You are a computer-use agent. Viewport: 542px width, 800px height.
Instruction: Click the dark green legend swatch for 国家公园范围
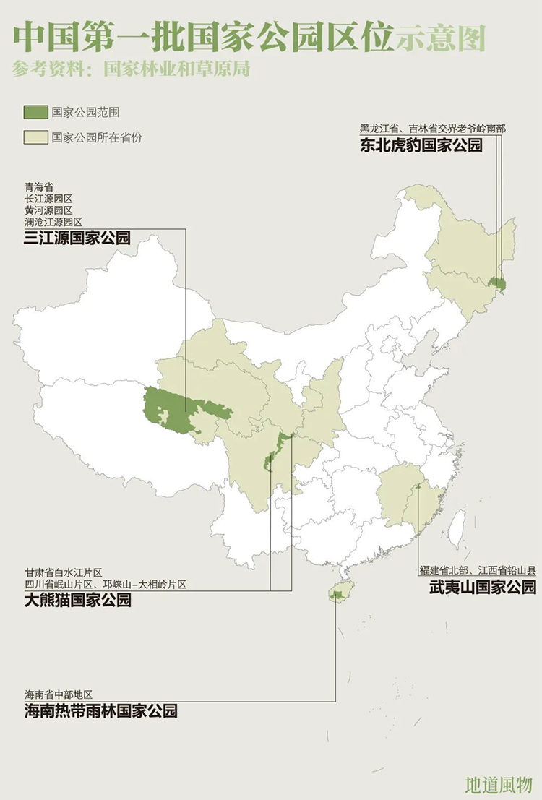[34, 113]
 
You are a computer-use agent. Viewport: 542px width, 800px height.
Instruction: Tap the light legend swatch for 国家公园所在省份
[34, 137]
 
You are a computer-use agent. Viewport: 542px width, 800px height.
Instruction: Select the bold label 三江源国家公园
[77, 238]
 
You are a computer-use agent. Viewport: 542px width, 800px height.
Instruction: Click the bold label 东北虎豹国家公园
[421, 145]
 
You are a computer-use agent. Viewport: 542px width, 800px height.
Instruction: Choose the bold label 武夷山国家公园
[482, 586]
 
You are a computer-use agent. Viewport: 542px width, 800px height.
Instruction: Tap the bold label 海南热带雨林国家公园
[100, 710]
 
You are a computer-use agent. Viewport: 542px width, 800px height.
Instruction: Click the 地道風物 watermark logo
[499, 784]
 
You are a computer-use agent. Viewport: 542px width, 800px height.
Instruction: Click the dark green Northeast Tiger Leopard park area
[496, 283]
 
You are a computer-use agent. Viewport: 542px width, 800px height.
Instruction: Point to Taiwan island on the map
[457, 528]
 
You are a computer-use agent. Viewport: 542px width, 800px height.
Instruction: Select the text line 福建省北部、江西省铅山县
[478, 570]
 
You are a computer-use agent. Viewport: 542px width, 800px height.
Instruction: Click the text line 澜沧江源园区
[53, 222]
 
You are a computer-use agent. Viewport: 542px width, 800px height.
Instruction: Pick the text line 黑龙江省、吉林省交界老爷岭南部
[433, 129]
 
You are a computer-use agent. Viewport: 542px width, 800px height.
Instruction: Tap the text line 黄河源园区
[48, 210]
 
